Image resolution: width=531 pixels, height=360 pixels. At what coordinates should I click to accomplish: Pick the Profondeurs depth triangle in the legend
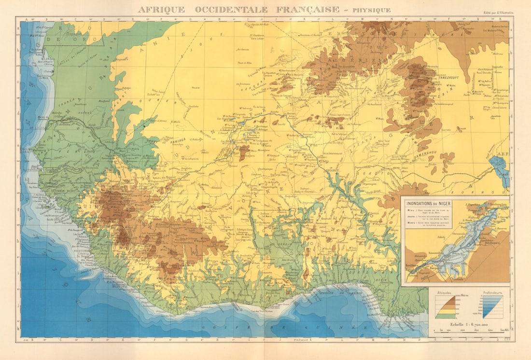(492, 307)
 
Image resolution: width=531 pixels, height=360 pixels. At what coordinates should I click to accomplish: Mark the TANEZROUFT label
(451, 76)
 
